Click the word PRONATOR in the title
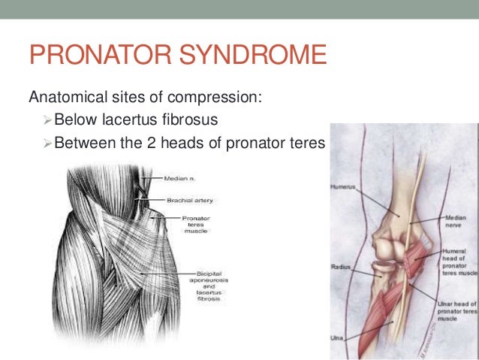(98, 56)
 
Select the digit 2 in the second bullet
(151, 141)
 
